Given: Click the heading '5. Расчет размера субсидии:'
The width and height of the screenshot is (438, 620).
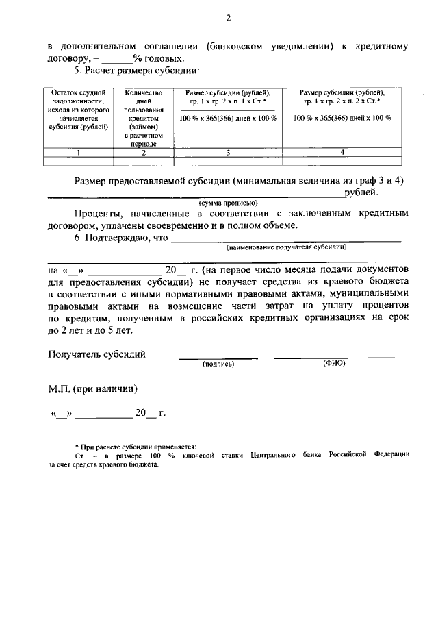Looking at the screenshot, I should pos(136,71).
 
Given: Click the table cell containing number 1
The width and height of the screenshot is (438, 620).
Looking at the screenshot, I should pos(79,153).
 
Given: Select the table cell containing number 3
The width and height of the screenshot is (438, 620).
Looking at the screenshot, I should pos(228,153).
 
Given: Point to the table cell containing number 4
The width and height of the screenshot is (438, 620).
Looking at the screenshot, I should pos(342,153).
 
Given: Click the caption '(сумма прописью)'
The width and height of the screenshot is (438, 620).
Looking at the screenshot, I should pos(228,203).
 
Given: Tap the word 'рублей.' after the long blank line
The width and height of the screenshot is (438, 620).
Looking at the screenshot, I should pos(361,193).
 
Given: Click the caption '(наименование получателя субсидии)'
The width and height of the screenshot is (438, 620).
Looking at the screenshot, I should pos(286,247).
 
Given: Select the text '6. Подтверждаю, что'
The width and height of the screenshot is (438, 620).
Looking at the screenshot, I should pos(120,238).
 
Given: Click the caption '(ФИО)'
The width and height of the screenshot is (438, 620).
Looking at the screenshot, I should pos(334,363).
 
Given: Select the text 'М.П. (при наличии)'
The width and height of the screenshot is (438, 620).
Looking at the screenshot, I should pos(92,388).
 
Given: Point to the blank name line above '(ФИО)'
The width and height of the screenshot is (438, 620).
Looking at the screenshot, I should pos(334,356).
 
